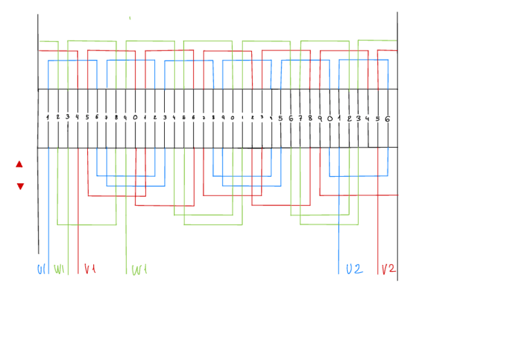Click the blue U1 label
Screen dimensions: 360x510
41,269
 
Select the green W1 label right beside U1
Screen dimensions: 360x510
59,269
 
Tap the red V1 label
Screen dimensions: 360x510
90,269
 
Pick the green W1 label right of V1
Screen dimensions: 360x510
139,270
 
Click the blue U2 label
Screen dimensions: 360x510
354,269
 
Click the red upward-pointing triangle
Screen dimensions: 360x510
19,163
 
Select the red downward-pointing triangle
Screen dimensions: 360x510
20,186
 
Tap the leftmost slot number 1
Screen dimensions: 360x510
48,117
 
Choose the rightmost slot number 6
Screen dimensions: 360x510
387,119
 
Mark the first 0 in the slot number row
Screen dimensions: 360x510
135,118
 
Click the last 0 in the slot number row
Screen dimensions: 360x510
330,119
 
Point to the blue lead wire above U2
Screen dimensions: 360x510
339,240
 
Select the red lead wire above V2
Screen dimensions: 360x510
378,240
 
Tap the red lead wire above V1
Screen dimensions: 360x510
78,240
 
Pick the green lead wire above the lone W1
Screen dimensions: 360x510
126,240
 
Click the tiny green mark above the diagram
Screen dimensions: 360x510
130,19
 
